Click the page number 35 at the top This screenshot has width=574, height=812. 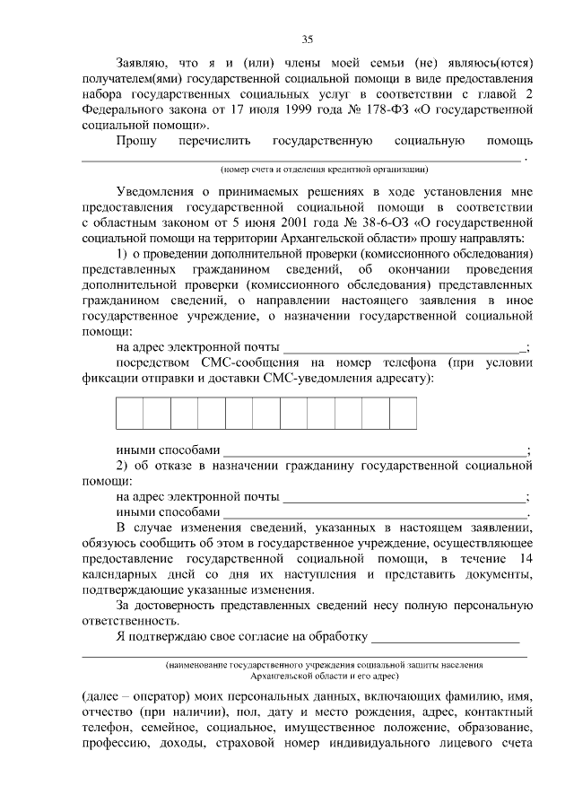point(307,39)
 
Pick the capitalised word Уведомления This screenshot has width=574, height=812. point(159,192)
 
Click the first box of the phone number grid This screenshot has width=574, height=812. point(129,414)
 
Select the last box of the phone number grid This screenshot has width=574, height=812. point(403,414)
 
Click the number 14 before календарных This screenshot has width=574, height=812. point(526,559)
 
